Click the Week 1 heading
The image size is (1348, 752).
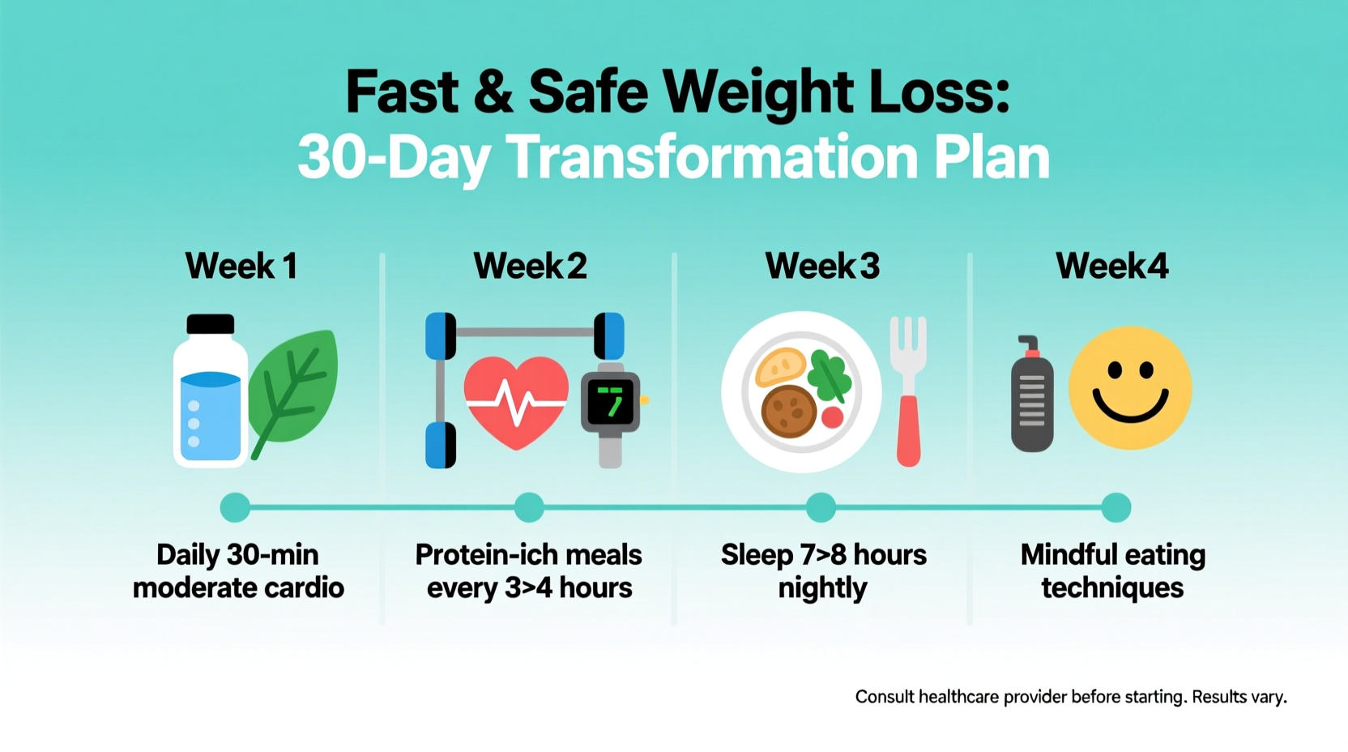(241, 266)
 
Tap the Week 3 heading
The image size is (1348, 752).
(821, 266)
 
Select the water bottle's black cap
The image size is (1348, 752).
(211, 324)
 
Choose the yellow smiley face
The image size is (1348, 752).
(1130, 388)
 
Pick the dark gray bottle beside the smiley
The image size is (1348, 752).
(1032, 397)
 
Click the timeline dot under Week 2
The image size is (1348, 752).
(529, 507)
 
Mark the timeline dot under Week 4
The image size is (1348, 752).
(1116, 507)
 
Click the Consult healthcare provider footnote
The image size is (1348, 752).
(1070, 697)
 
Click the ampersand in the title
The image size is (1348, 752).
(493, 92)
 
